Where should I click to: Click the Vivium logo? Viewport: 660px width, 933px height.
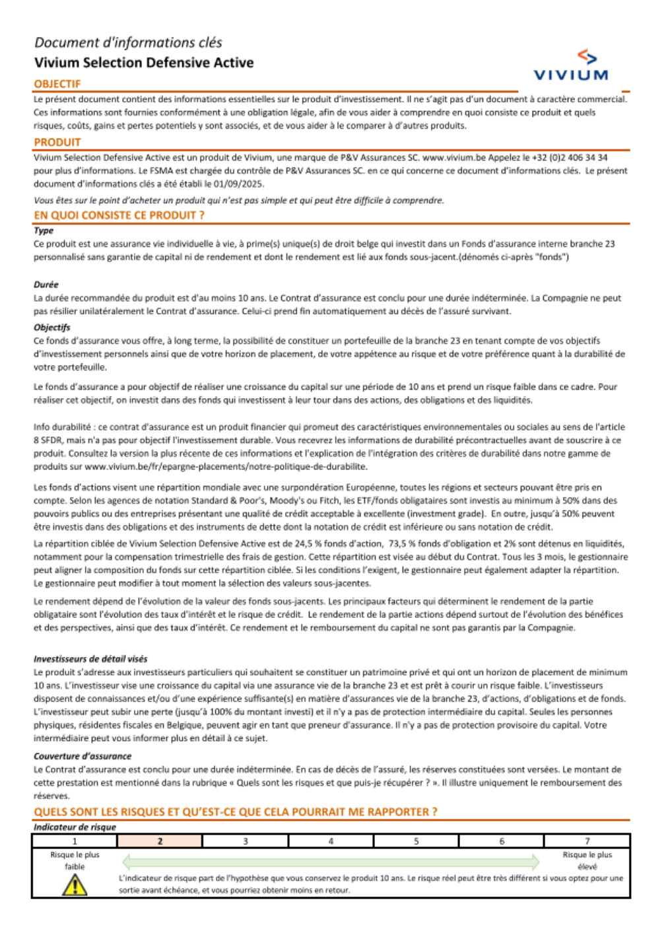(x=571, y=65)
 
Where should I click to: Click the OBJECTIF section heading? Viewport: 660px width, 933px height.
(x=57, y=84)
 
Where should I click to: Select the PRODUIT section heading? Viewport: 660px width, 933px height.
(x=57, y=142)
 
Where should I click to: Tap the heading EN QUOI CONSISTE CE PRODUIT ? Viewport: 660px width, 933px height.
(x=119, y=215)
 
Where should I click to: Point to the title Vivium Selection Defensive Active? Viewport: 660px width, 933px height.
(x=144, y=63)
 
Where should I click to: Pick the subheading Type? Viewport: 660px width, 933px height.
(x=44, y=230)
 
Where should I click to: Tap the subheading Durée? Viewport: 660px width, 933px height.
(x=46, y=285)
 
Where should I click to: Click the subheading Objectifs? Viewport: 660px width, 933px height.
(x=52, y=328)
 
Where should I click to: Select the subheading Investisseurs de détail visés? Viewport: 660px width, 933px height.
(x=90, y=659)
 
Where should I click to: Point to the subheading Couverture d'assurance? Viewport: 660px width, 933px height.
(x=82, y=756)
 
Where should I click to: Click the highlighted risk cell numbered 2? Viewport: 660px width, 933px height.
(x=160, y=841)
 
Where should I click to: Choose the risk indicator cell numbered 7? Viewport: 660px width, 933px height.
(x=587, y=841)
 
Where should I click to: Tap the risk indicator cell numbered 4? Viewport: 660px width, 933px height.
(x=331, y=841)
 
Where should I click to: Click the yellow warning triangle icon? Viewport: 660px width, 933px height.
(x=75, y=885)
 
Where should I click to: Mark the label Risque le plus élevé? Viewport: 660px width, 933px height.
(x=587, y=860)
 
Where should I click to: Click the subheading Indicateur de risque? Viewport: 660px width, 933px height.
(x=75, y=827)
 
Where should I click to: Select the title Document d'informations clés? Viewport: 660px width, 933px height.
(x=128, y=43)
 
